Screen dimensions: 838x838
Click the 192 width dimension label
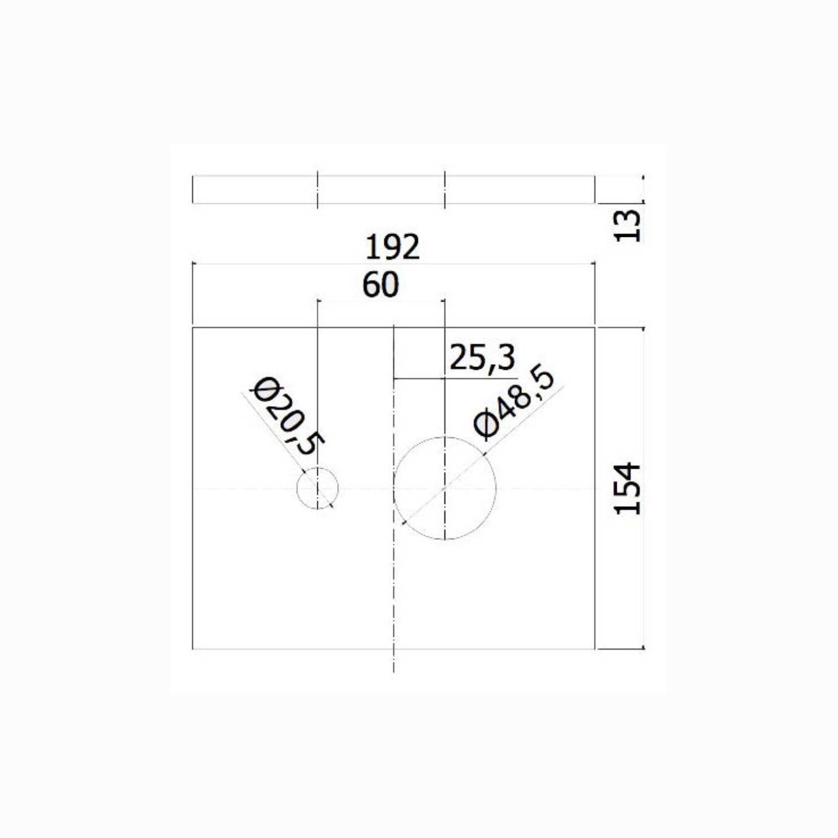(392, 247)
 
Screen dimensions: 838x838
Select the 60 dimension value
(380, 285)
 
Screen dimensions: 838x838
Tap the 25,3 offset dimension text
(482, 358)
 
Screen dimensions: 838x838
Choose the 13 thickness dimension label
(627, 226)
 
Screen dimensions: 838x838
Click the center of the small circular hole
(317, 488)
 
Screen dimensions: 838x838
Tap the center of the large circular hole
(445, 488)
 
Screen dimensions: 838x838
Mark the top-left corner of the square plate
(193, 328)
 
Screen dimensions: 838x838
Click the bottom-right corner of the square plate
(595, 649)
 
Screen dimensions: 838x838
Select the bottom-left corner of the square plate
(193, 649)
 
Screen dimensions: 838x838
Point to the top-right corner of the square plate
(595, 328)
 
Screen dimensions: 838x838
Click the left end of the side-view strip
(193, 190)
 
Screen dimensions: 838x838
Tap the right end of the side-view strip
(595, 190)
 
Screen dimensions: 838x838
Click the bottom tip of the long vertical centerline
(394, 672)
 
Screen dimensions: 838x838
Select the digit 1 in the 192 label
(372, 247)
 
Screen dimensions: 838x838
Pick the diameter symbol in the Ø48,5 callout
(485, 425)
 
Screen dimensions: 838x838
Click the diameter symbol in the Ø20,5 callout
(262, 389)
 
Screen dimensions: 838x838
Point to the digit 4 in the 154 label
(627, 471)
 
